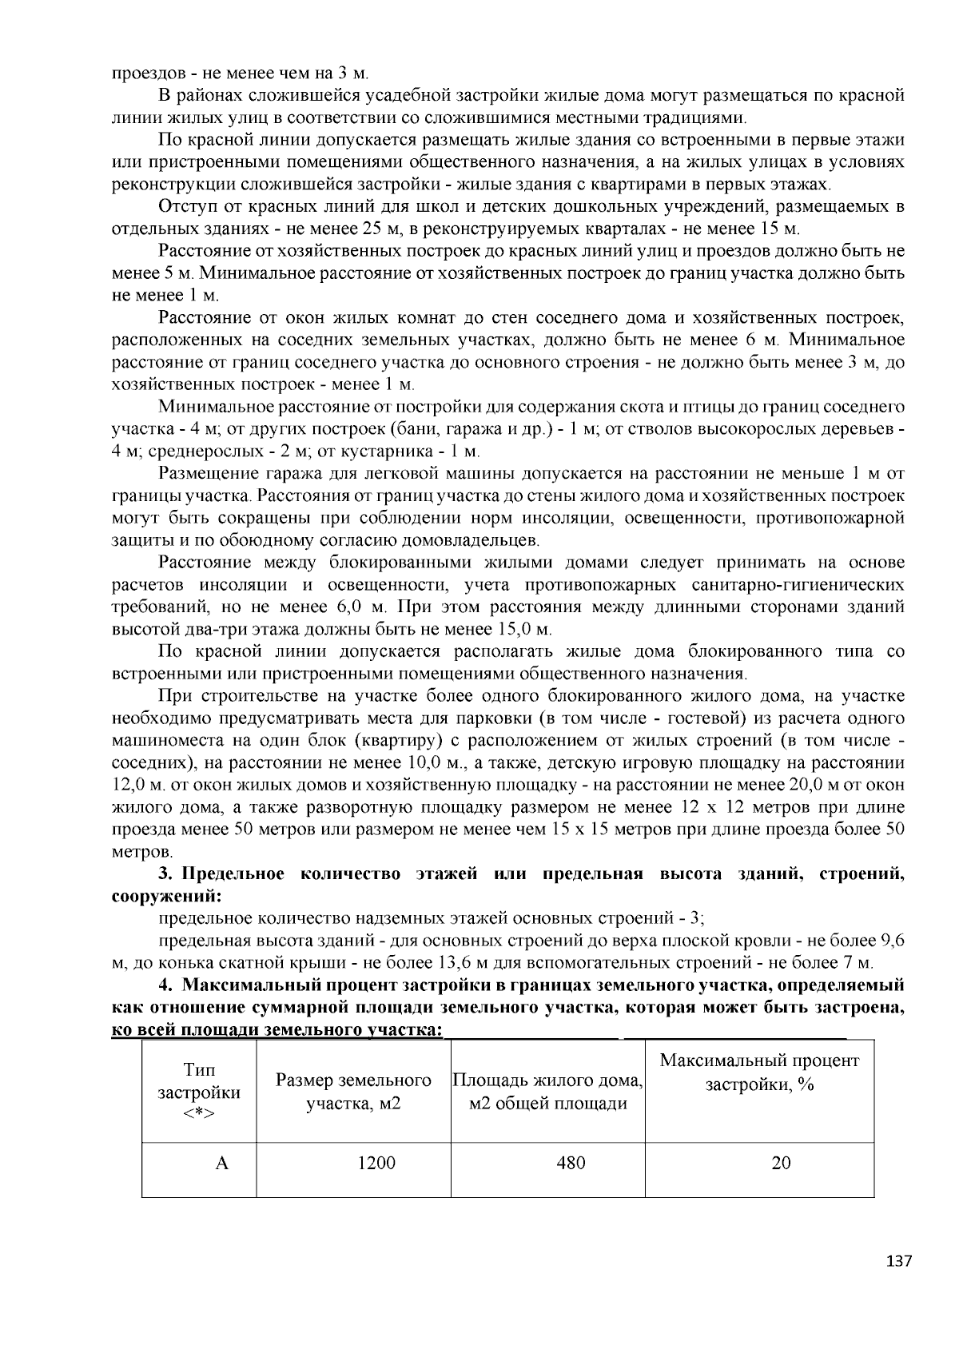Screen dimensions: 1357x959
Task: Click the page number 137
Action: tap(899, 1262)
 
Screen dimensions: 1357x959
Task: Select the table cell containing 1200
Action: tap(376, 1163)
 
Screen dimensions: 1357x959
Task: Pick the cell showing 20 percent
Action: tap(781, 1163)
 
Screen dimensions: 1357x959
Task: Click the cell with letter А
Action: tap(222, 1163)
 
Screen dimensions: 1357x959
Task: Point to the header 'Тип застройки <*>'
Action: tap(199, 1092)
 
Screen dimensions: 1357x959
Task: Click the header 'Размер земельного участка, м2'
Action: tap(353, 1092)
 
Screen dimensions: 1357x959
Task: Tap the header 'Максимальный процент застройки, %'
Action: tap(759, 1072)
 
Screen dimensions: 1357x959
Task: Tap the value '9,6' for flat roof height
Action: tap(892, 941)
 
